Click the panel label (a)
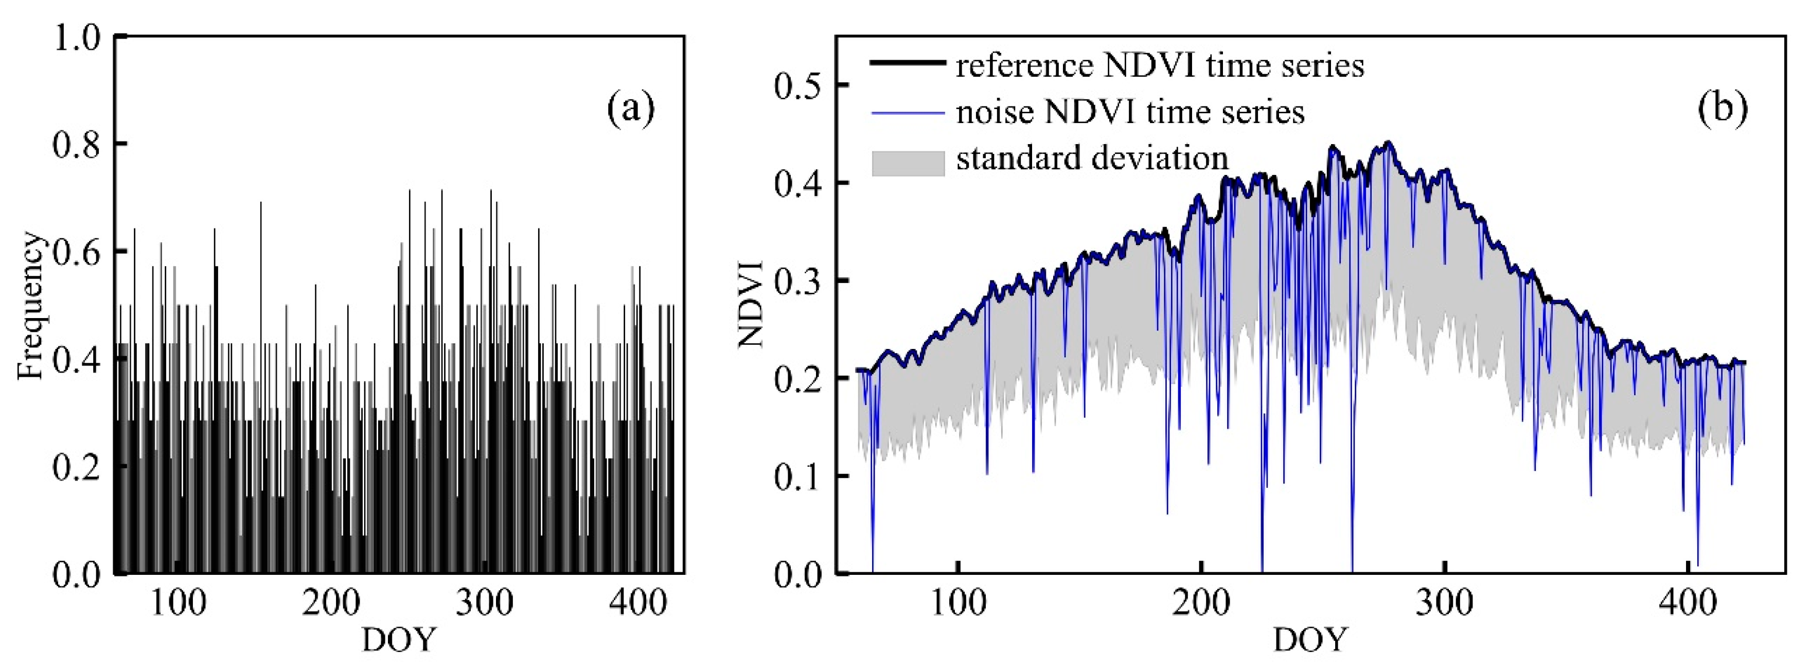point(630,110)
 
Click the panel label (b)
point(1722,110)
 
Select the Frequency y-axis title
point(31,306)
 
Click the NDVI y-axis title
point(751,304)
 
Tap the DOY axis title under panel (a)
point(398,640)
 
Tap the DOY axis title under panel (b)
point(1310,640)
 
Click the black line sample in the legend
point(907,63)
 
